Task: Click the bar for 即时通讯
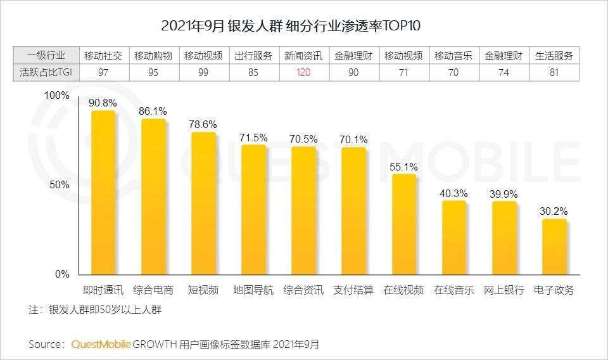(x=103, y=193)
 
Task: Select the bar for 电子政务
(x=554, y=247)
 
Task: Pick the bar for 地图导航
(x=253, y=210)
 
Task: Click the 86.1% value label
(x=153, y=110)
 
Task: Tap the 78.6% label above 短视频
(x=203, y=124)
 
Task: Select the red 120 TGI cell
(x=303, y=72)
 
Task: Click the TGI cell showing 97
(x=104, y=72)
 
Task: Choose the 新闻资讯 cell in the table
(x=303, y=55)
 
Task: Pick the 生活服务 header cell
(x=554, y=55)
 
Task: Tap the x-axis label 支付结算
(x=354, y=290)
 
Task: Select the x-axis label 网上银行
(x=504, y=290)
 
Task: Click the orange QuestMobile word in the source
(x=101, y=344)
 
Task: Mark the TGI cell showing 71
(x=404, y=72)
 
